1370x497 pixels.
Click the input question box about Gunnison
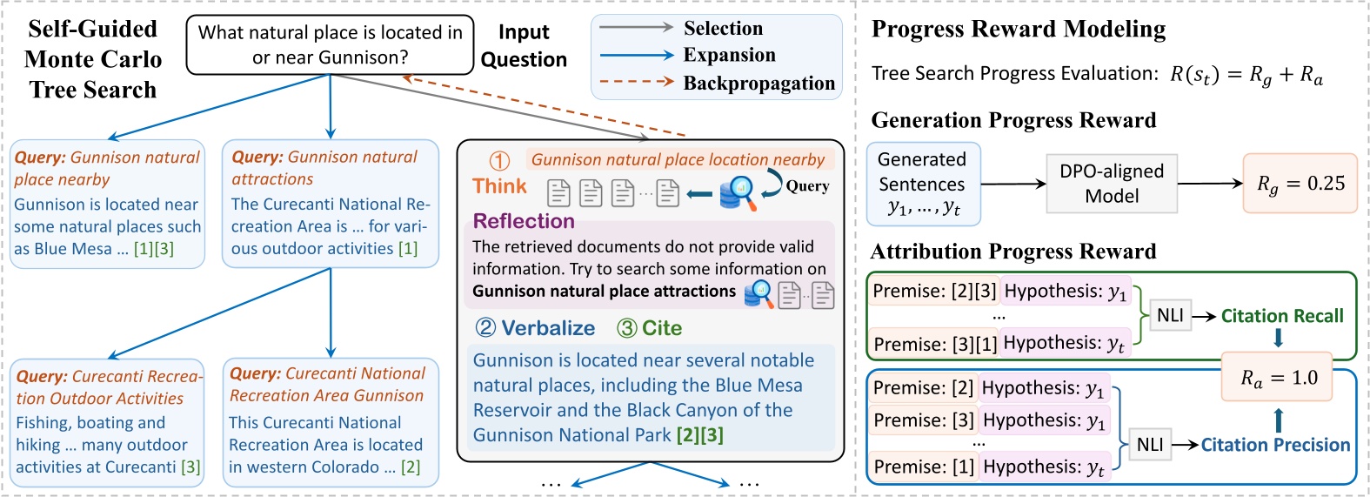tap(330, 44)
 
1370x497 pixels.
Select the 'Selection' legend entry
tap(722, 29)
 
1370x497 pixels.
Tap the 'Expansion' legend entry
tap(728, 55)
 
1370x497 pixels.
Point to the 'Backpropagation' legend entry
tap(758, 84)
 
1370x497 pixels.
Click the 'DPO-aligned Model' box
tap(1111, 184)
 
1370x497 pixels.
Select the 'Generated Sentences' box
tap(922, 184)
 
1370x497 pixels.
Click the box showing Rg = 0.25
tap(1300, 184)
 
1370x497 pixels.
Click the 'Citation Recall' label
tap(1281, 316)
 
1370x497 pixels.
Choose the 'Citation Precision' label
tap(1274, 445)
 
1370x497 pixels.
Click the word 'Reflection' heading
tap(524, 221)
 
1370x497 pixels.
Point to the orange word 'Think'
tap(499, 186)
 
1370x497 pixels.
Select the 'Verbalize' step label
tap(548, 328)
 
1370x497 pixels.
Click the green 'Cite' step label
tap(661, 328)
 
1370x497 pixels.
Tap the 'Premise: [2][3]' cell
tap(934, 292)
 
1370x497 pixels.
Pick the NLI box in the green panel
tap(1170, 316)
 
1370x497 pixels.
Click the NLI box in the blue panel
tap(1149, 445)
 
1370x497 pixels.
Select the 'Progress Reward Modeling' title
tap(1018, 30)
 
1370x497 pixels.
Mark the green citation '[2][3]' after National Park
tap(699, 435)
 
